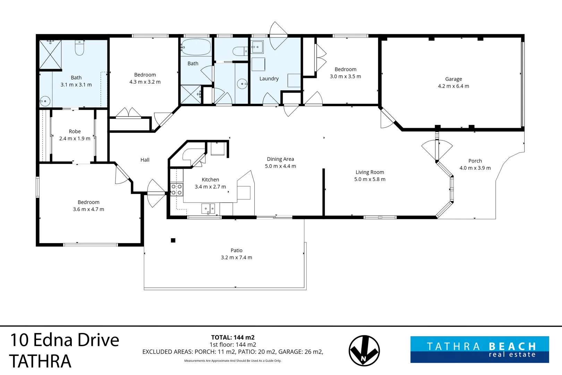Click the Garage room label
tap(453, 79)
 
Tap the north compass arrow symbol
tap(364, 351)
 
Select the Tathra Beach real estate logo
tap(479, 349)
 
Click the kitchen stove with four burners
tap(177, 190)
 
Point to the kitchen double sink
tap(208, 209)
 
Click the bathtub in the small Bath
tap(196, 47)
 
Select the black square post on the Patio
tap(173, 240)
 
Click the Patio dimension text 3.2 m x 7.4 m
tap(236, 258)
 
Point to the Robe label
tap(75, 132)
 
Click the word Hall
tap(145, 160)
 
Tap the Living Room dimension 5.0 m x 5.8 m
tap(369, 180)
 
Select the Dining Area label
tap(280, 159)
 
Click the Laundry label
tap(269, 79)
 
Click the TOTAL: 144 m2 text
tap(233, 337)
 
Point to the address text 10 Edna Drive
tap(65, 340)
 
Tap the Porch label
tap(475, 161)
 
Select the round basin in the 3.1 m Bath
tap(45, 101)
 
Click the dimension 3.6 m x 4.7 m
tap(88, 209)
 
